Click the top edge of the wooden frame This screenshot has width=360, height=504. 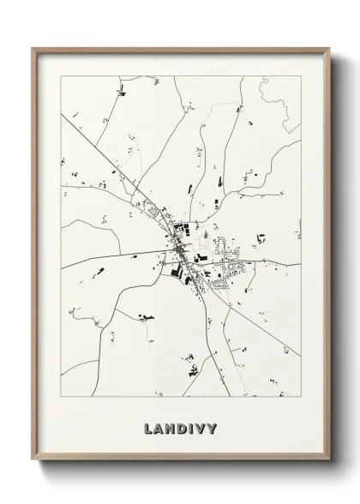pyautogui.click(x=180, y=48)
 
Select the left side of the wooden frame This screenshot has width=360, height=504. pyautogui.click(x=34, y=257)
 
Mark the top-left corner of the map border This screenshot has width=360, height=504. pyautogui.click(x=61, y=76)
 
